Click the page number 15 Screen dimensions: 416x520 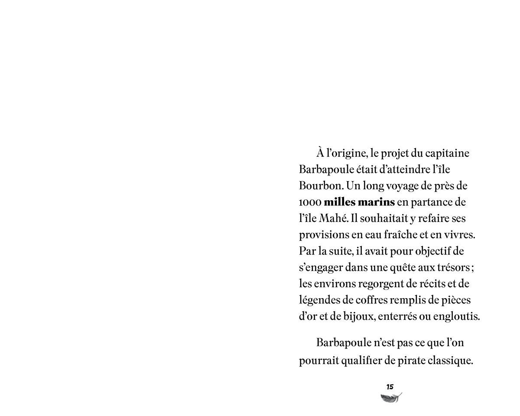tap(390, 387)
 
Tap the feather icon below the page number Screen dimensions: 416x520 tap(391, 398)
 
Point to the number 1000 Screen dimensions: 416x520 tap(310, 202)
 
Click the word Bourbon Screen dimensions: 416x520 tap(321, 186)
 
